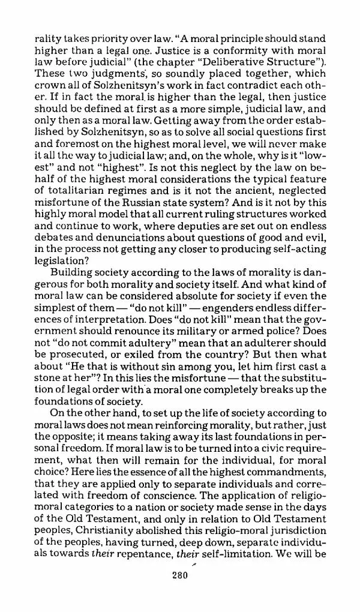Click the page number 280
tap(179, 575)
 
